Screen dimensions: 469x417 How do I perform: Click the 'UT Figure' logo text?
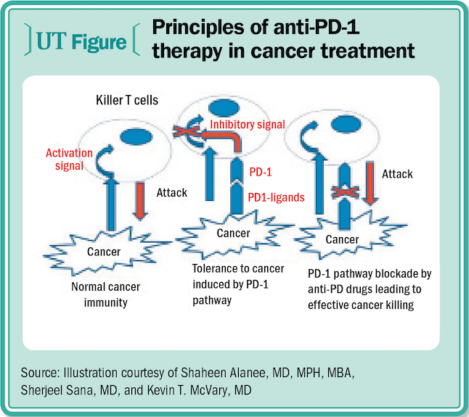[81, 41]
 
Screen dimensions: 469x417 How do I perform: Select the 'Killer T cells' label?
[127, 100]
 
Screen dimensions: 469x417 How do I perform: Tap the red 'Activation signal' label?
[69, 160]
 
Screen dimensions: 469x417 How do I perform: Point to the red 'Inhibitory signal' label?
[248, 125]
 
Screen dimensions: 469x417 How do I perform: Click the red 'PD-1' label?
[261, 173]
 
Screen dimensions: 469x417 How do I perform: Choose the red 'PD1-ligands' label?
[277, 197]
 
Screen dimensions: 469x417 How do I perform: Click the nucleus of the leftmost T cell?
[136, 137]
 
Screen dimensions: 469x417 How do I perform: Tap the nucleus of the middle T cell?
[224, 108]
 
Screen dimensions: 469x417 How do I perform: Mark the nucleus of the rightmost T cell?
[346, 124]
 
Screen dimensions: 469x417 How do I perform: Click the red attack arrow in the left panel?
[140, 200]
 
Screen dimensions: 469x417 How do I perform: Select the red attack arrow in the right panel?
[370, 183]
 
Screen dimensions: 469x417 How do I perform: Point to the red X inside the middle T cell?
[187, 131]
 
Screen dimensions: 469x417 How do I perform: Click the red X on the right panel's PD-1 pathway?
[345, 192]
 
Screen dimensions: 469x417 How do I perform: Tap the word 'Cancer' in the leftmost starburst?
[104, 252]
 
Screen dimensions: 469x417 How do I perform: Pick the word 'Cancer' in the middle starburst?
[233, 234]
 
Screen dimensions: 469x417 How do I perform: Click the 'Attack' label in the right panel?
[397, 174]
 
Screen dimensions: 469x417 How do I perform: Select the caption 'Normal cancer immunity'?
[105, 294]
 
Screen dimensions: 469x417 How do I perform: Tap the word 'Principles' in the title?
[198, 28]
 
